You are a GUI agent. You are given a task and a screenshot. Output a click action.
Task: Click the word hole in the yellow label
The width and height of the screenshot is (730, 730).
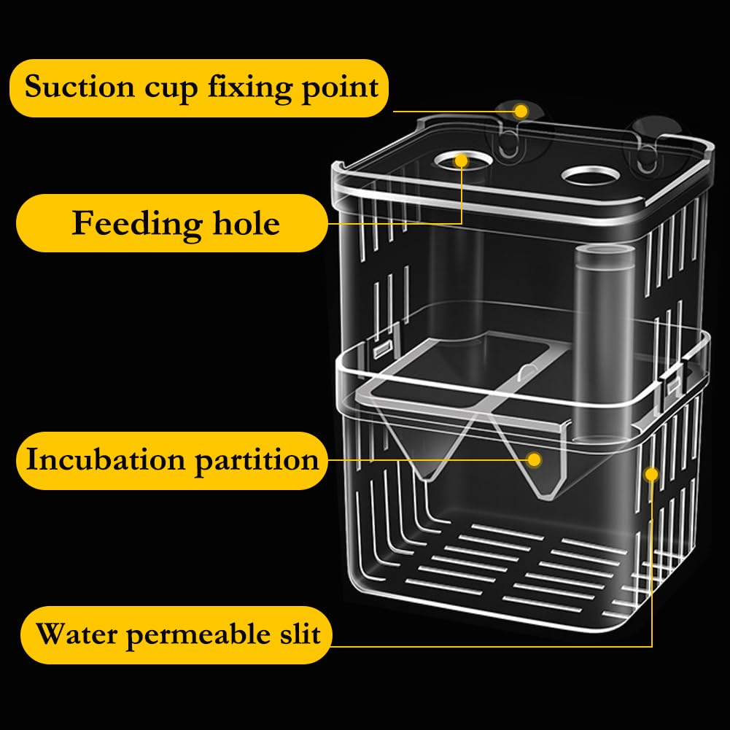click(246, 223)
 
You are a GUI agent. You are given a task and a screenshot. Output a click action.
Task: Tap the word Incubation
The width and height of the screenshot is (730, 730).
click(105, 459)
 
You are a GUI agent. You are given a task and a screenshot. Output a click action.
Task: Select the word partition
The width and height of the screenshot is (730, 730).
click(257, 462)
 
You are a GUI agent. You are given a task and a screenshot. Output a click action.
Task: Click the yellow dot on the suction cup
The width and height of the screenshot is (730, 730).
click(521, 112)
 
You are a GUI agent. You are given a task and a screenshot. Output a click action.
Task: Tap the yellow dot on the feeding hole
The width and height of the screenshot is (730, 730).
click(462, 161)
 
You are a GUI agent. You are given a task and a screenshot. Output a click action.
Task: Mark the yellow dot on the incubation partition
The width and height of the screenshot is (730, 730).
click(535, 460)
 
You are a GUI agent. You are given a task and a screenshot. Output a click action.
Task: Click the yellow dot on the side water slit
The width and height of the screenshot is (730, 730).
click(652, 475)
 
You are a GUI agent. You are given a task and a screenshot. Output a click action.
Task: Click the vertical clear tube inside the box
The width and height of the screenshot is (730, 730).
click(604, 344)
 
